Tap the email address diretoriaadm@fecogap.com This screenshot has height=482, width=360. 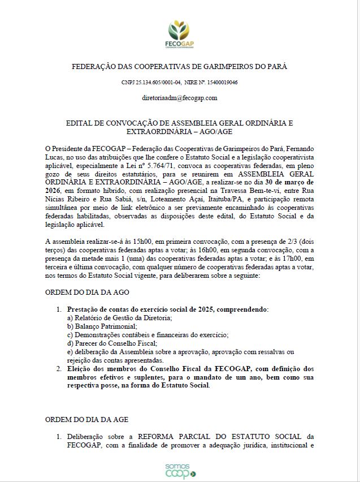coord(180,98)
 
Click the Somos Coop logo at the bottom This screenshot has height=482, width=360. coord(180,471)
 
